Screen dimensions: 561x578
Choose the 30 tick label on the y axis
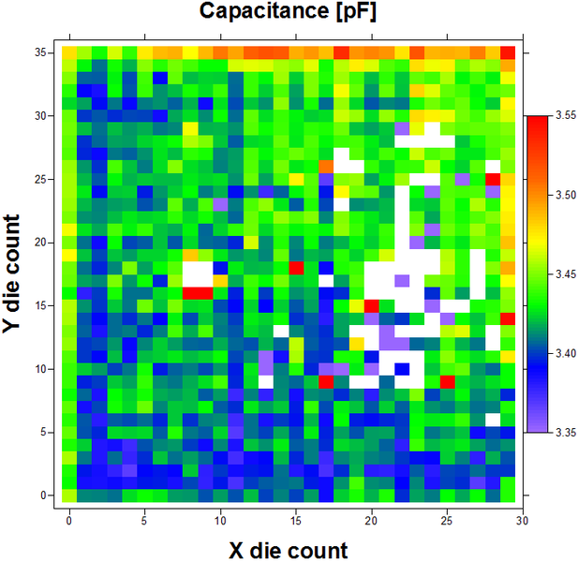point(42,116)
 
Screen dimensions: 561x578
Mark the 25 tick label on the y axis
point(42,179)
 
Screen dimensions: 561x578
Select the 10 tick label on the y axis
point(42,369)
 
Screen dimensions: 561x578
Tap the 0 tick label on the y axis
point(46,495)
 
